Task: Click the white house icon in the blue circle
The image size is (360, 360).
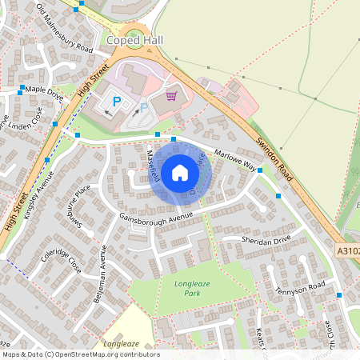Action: pos(180,172)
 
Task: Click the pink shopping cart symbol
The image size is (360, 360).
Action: pos(170,96)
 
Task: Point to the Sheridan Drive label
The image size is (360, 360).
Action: pos(268,240)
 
